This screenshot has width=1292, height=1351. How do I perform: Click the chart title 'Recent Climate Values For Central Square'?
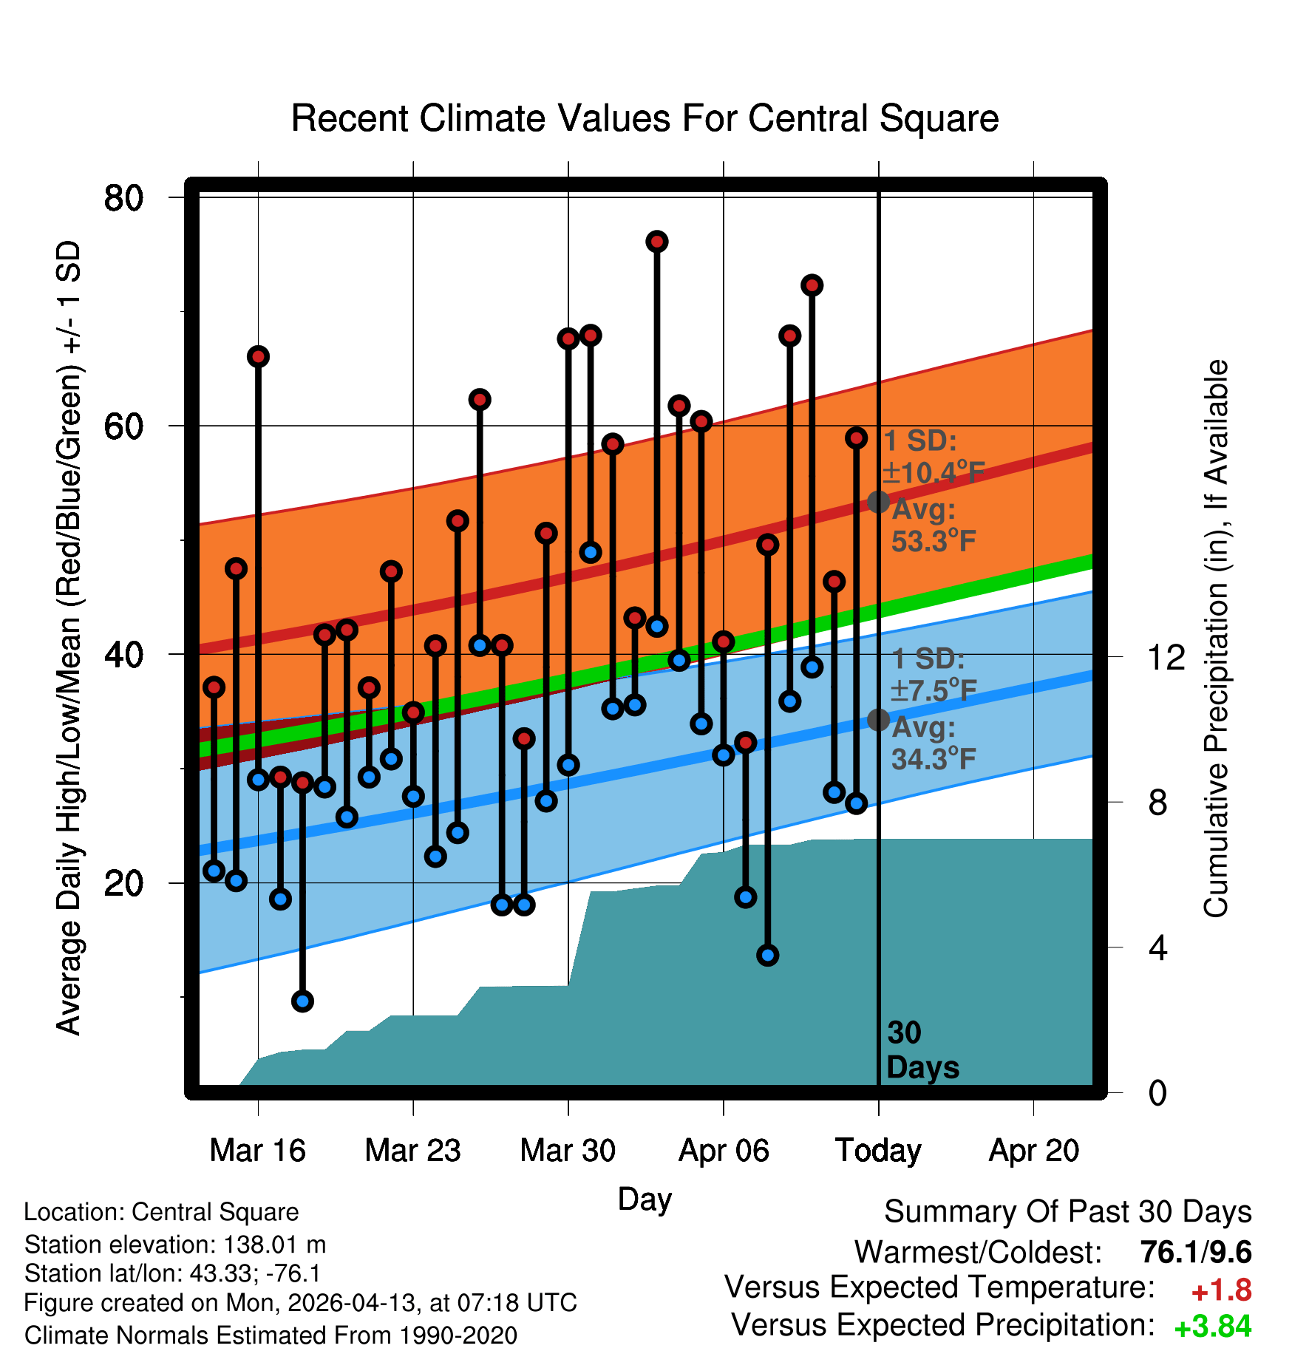click(x=645, y=118)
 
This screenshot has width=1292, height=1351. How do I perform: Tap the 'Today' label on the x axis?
click(x=878, y=1151)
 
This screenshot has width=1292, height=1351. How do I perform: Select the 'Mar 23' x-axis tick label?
click(x=412, y=1151)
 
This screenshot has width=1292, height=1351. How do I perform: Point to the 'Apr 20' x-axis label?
click(x=1034, y=1151)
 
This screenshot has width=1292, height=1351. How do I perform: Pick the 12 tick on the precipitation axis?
click(x=1166, y=656)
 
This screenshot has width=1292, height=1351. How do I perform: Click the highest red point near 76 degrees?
click(x=657, y=242)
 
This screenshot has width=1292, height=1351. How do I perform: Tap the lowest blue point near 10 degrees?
click(x=302, y=1001)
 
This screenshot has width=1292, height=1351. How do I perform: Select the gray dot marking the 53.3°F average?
click(x=878, y=502)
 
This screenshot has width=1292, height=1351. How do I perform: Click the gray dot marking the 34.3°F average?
click(x=878, y=719)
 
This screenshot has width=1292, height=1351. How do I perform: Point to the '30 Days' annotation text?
click(x=922, y=1050)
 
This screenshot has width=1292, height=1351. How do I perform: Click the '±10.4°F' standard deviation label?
click(x=934, y=472)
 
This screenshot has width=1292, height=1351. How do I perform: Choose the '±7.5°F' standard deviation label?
click(x=934, y=690)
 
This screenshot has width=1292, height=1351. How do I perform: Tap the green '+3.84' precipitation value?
click(x=1213, y=1327)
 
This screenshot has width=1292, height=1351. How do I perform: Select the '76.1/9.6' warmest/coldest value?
click(x=1196, y=1253)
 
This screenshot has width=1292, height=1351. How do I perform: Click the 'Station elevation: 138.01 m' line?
click(x=175, y=1245)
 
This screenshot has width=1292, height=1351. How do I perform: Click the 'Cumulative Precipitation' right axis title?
click(x=1216, y=639)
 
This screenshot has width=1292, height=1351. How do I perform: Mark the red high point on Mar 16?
click(x=258, y=357)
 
